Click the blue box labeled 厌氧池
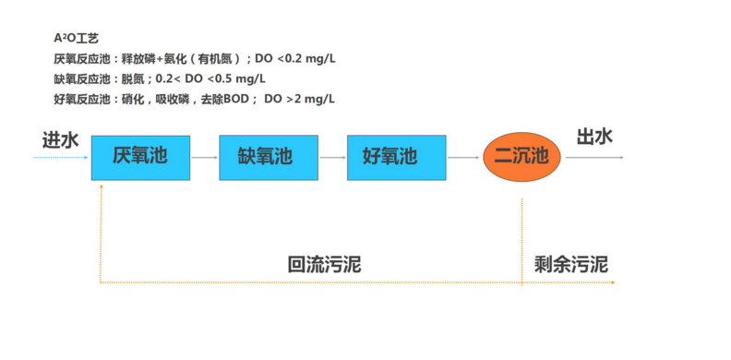[140, 158]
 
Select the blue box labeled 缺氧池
[269, 158]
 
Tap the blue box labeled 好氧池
[396, 158]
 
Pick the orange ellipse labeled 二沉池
[521, 157]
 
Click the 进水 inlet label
[61, 140]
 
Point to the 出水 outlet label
[594, 138]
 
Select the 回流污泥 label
[325, 264]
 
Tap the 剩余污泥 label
[571, 264]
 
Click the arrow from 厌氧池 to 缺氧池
[205, 158]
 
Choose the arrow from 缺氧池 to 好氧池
[333, 158]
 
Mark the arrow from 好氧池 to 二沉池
[464, 158]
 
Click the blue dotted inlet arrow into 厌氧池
[61, 158]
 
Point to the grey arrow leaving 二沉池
[594, 158]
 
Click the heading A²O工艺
[77, 38]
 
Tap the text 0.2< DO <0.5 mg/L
[210, 78]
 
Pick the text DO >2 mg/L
[299, 99]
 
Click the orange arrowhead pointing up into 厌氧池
[101, 186]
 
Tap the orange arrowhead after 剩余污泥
[613, 282]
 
